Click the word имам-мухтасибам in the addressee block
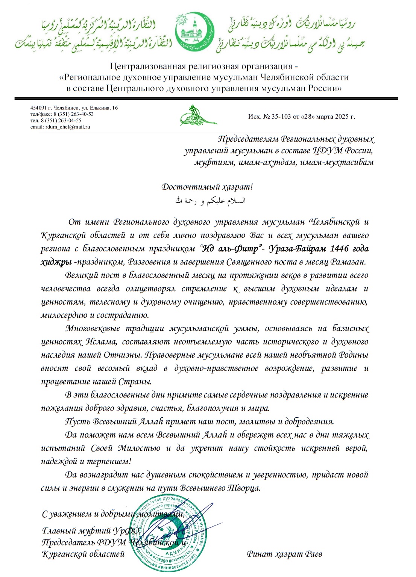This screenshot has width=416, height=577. [x=337, y=163]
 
